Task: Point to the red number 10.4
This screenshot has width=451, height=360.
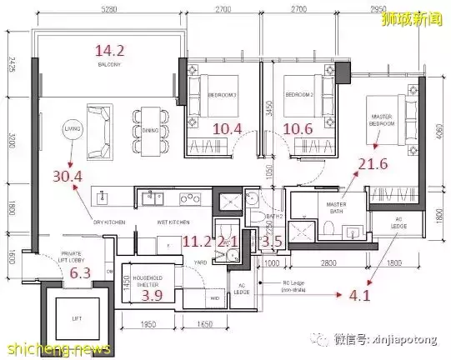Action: click(228, 128)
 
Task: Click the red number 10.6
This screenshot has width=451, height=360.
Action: click(298, 128)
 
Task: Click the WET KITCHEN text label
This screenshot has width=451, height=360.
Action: click(174, 222)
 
